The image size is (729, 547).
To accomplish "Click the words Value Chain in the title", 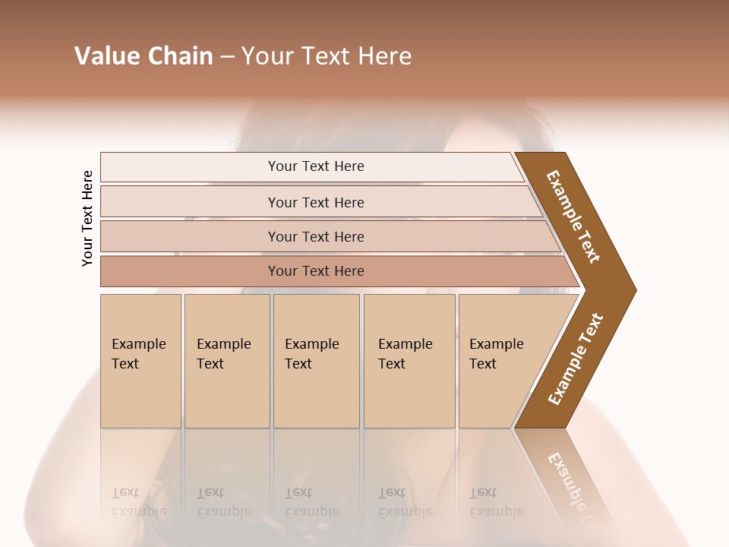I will (x=144, y=56).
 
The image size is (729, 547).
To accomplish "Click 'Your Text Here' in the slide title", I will (x=327, y=56).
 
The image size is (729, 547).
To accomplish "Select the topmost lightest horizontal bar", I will (x=315, y=166).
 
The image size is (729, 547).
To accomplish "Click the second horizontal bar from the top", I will (x=315, y=202).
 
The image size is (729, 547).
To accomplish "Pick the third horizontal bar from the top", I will (x=315, y=236).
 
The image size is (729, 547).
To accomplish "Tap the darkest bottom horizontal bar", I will (x=315, y=271).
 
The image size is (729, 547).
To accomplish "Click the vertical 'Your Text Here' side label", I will (x=87, y=218).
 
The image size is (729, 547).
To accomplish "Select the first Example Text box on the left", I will (x=140, y=361).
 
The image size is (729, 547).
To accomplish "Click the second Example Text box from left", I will (x=226, y=361).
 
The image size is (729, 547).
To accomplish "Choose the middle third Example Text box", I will (x=315, y=361).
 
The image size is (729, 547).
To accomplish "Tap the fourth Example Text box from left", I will (x=409, y=361).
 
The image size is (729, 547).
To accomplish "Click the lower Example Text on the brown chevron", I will (x=576, y=359).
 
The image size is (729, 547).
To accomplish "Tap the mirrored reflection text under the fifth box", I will (x=496, y=502).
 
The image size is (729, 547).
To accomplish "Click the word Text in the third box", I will (x=298, y=364).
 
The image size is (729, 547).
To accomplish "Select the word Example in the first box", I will (x=138, y=344).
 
